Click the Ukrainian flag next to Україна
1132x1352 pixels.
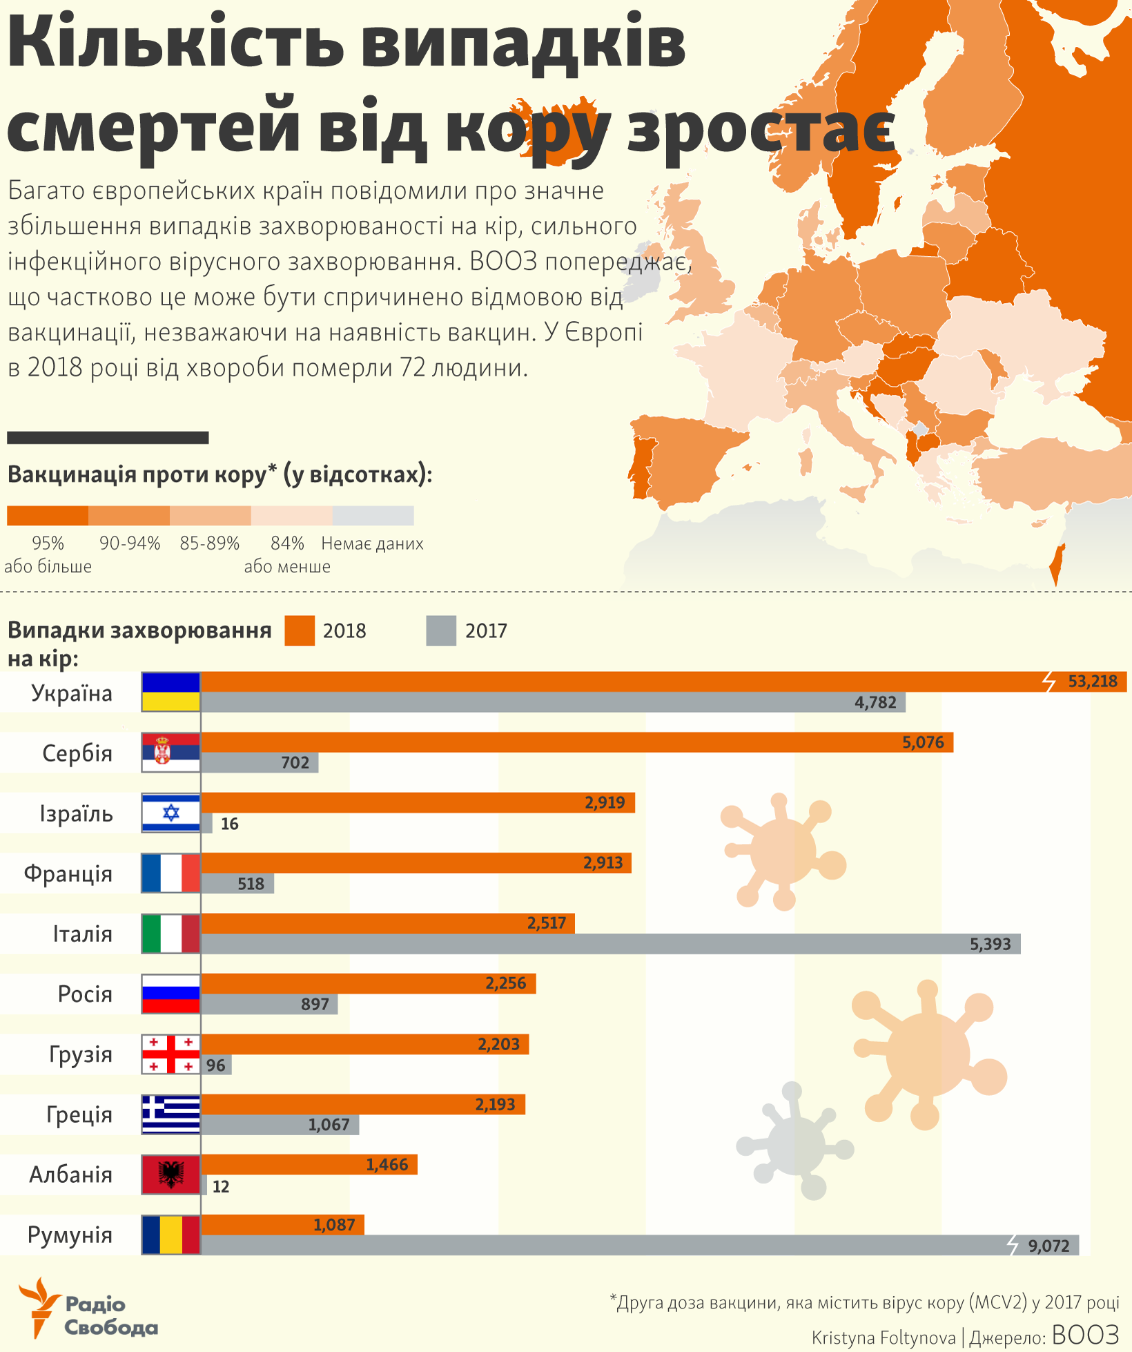170,692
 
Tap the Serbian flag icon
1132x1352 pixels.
170,752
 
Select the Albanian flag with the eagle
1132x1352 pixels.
170,1174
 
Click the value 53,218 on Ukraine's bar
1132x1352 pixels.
1092,682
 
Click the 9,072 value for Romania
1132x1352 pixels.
1048,1246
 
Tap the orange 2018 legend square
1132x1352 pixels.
300,630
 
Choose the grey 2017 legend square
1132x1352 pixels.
441,630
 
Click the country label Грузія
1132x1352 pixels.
80,1054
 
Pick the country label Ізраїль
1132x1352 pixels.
76,813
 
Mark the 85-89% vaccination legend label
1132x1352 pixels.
210,543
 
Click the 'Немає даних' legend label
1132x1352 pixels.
372,543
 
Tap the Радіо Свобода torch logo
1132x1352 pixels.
40,1306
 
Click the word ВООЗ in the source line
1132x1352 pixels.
1085,1335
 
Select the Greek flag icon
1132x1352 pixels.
170,1114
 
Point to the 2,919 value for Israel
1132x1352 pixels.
605,802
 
